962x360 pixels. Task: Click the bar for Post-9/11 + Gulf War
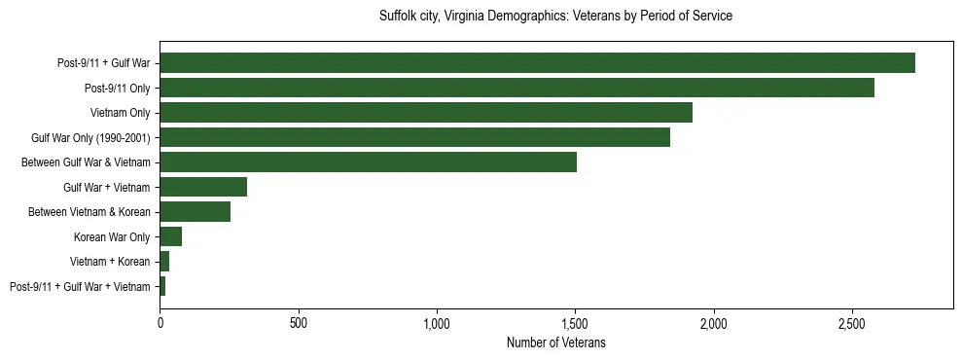point(537,63)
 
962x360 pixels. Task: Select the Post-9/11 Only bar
point(517,88)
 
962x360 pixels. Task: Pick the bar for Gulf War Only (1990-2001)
point(414,137)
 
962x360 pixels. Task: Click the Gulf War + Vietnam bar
point(203,187)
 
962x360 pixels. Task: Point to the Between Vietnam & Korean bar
point(195,212)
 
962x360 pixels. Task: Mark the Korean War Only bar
point(170,236)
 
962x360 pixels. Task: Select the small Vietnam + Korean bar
point(164,262)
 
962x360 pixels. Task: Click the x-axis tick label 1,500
point(575,323)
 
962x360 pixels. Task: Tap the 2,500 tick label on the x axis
point(852,323)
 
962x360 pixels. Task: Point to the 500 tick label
point(299,323)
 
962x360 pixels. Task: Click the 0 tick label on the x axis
point(160,323)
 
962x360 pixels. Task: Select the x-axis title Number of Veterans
point(556,342)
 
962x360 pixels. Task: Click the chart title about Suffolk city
point(555,17)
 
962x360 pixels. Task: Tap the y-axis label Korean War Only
point(112,236)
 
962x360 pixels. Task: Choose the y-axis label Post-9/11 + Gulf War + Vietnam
point(80,286)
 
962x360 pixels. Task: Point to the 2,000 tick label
point(714,323)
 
